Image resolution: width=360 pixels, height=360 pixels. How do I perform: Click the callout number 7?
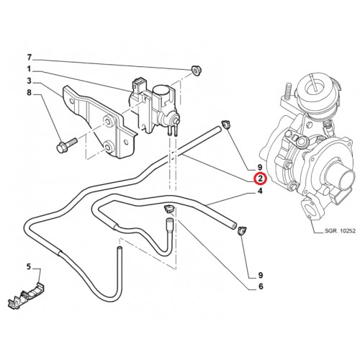29,58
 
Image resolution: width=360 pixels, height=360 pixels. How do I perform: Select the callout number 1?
29,69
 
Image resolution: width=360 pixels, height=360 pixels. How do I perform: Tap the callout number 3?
29,81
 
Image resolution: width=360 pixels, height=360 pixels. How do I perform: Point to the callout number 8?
29,92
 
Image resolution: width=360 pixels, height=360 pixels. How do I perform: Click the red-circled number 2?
261,179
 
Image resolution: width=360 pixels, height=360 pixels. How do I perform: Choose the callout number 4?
260,192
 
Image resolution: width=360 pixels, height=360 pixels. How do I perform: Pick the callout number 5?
29,266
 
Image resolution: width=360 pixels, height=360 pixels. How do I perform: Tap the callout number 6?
261,287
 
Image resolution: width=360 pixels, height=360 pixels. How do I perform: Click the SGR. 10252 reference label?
340,231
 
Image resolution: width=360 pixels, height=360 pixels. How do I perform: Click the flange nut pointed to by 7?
196,71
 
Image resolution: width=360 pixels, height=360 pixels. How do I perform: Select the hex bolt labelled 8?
66,145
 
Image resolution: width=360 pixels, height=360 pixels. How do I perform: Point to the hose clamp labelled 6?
169,208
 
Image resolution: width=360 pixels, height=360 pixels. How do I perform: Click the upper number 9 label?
260,167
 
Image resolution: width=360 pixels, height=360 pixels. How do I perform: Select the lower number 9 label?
261,275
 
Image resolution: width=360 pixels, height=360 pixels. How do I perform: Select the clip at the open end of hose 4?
241,231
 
